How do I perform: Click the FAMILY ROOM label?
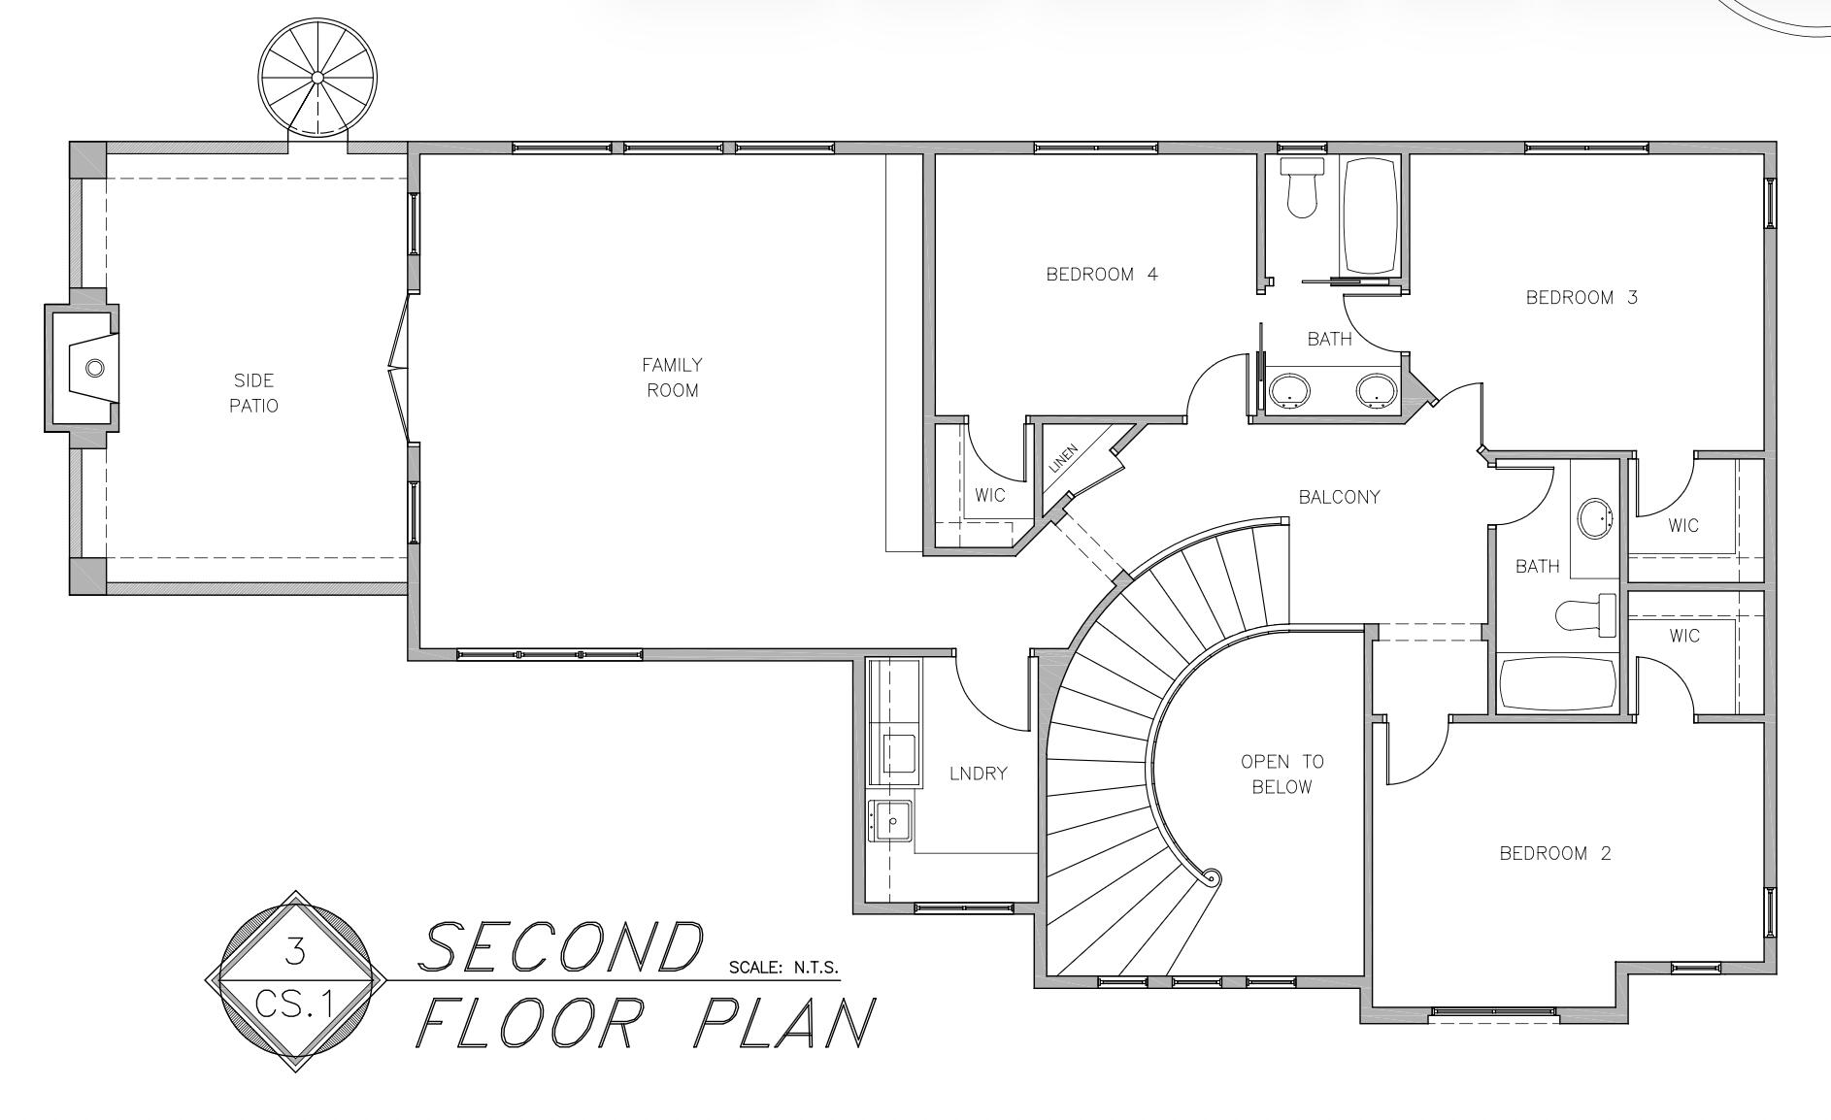click(x=672, y=378)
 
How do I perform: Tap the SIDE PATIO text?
click(x=253, y=393)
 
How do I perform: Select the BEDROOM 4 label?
click(x=1101, y=275)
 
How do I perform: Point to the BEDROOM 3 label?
click(x=1581, y=298)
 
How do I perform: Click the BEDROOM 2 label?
click(x=1555, y=853)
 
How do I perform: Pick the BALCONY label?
click(x=1339, y=497)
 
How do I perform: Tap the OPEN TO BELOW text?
click(x=1282, y=774)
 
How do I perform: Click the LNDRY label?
click(x=978, y=774)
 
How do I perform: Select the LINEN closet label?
click(x=1064, y=458)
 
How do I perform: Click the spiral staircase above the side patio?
click(x=317, y=77)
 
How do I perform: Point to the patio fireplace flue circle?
click(x=94, y=368)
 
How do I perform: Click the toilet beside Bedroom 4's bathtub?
click(x=1301, y=187)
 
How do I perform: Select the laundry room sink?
click(x=890, y=820)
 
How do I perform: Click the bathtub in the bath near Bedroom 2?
click(x=1557, y=684)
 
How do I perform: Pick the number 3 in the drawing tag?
click(x=295, y=951)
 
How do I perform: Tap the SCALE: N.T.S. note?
click(x=782, y=968)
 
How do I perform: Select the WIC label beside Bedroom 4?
click(x=989, y=496)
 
